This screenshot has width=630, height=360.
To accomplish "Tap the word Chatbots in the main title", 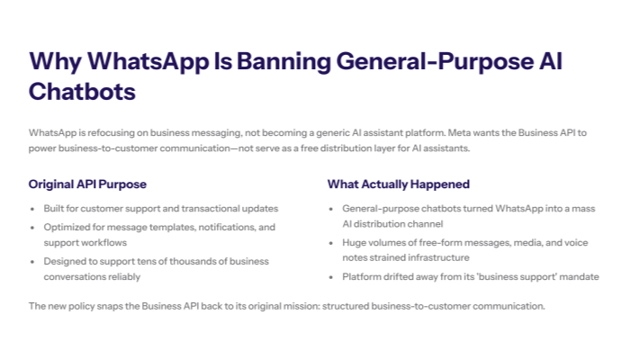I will coord(82,92).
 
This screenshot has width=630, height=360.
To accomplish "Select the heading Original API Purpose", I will coord(87,184).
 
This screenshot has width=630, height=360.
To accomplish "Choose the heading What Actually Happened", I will coord(398,184).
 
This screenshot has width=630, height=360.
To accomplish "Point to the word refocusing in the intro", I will coord(105,132).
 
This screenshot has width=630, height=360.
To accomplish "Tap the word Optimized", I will coord(68,227).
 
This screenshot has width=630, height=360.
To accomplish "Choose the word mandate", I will coord(578,277).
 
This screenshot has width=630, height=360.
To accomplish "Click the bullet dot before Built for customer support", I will coord(34,209).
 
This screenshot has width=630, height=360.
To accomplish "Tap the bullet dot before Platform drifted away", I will coord(333,277).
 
